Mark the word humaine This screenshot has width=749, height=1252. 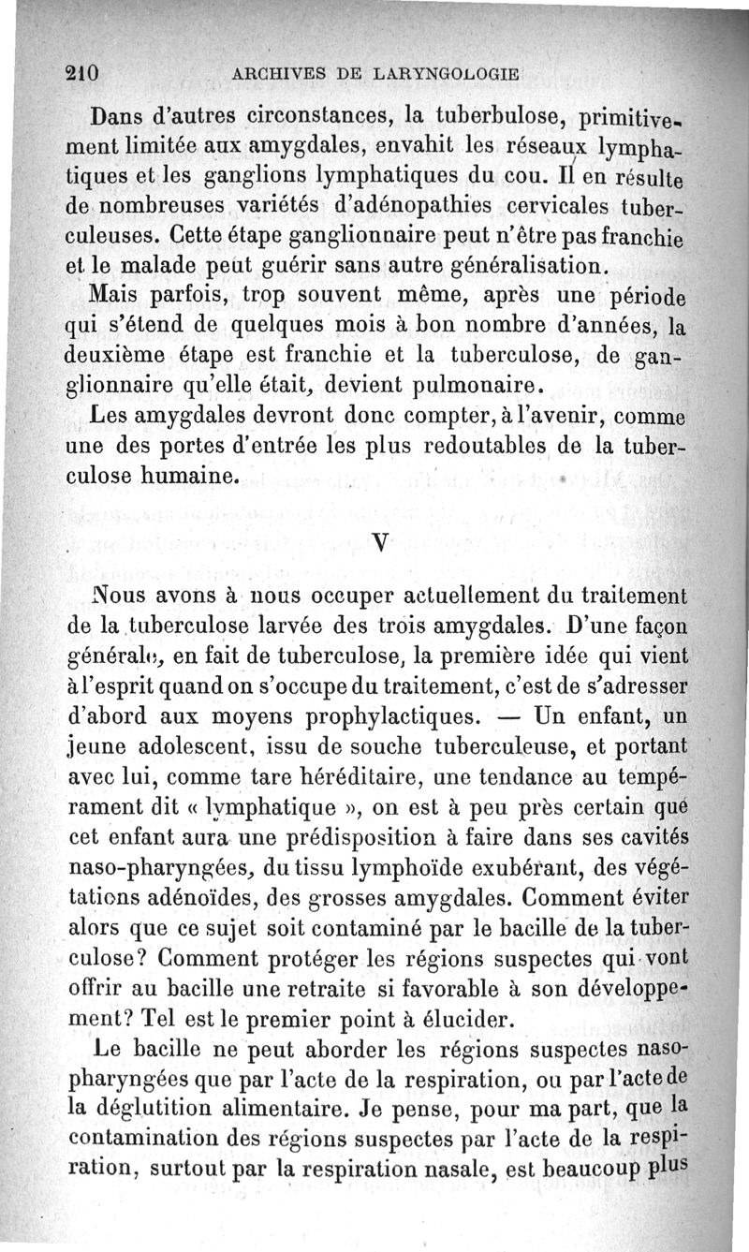[x=188, y=476]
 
